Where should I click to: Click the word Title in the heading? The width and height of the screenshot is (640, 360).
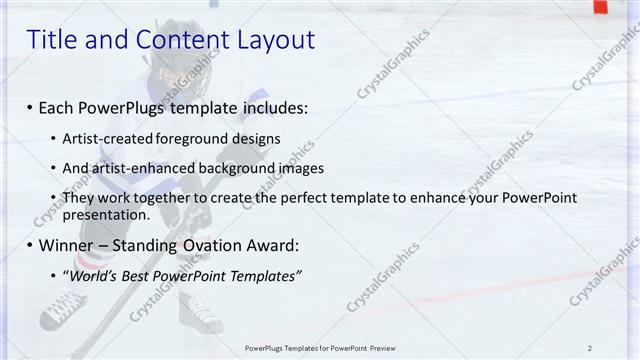(49, 40)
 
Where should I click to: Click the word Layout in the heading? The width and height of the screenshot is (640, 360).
(275, 40)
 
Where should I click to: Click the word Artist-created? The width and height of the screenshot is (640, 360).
(107, 138)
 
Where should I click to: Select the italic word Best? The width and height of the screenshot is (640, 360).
(139, 276)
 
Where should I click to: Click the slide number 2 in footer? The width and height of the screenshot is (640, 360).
(590, 348)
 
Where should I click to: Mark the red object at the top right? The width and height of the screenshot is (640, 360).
(600, 7)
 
